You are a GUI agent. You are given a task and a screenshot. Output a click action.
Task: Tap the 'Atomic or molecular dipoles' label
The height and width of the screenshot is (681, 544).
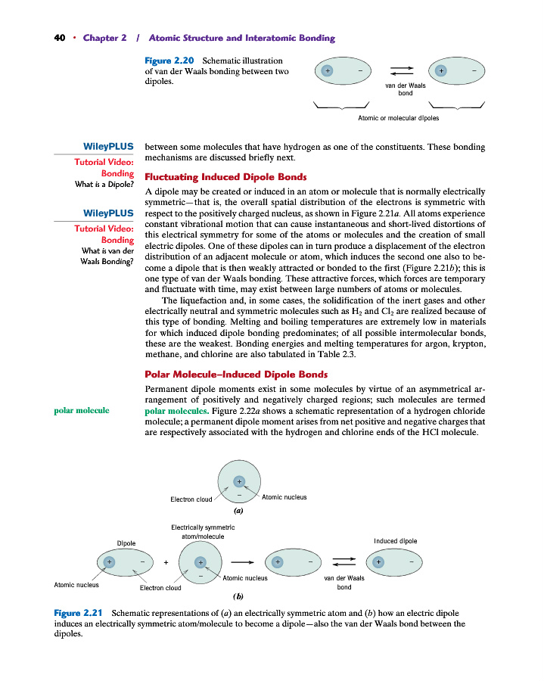point(398,118)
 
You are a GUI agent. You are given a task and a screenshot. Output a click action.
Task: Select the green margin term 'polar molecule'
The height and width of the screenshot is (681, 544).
point(81,410)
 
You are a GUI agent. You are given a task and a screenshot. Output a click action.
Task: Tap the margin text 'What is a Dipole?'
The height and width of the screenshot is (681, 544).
point(104,185)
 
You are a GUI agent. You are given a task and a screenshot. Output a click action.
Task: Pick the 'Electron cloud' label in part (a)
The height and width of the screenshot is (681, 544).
point(191,499)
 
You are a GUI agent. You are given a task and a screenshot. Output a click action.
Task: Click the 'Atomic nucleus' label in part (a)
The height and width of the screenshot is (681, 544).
point(284,497)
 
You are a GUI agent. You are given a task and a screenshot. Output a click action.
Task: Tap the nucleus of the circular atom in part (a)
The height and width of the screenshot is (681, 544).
point(238,480)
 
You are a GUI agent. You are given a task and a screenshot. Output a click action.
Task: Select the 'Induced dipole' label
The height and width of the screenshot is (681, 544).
point(395,541)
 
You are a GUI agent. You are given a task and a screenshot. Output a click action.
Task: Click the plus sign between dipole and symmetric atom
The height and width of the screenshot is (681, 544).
point(166,562)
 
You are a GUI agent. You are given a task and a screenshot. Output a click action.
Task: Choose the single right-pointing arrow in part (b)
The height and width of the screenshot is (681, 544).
point(241,562)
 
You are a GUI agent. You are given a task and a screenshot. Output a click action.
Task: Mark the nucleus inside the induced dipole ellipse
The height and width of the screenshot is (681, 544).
point(379,561)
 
